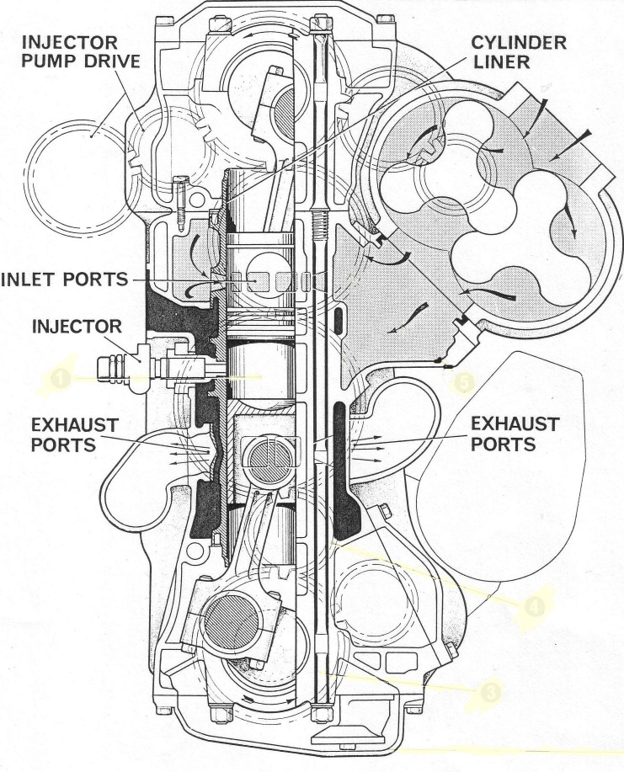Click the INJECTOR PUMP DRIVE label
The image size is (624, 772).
(x=80, y=51)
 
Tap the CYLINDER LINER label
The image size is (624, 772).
(x=519, y=51)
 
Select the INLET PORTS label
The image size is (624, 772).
(x=65, y=280)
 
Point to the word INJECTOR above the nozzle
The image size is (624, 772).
(x=77, y=326)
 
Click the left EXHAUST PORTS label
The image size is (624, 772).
(x=74, y=434)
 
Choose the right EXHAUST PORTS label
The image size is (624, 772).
(x=515, y=434)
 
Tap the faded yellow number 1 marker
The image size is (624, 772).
(x=61, y=379)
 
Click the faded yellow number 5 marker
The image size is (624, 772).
(x=464, y=382)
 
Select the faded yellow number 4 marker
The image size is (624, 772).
(x=535, y=606)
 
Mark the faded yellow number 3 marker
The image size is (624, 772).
(x=490, y=693)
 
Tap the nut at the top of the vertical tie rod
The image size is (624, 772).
(x=320, y=22)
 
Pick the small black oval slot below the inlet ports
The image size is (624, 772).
(x=338, y=319)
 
